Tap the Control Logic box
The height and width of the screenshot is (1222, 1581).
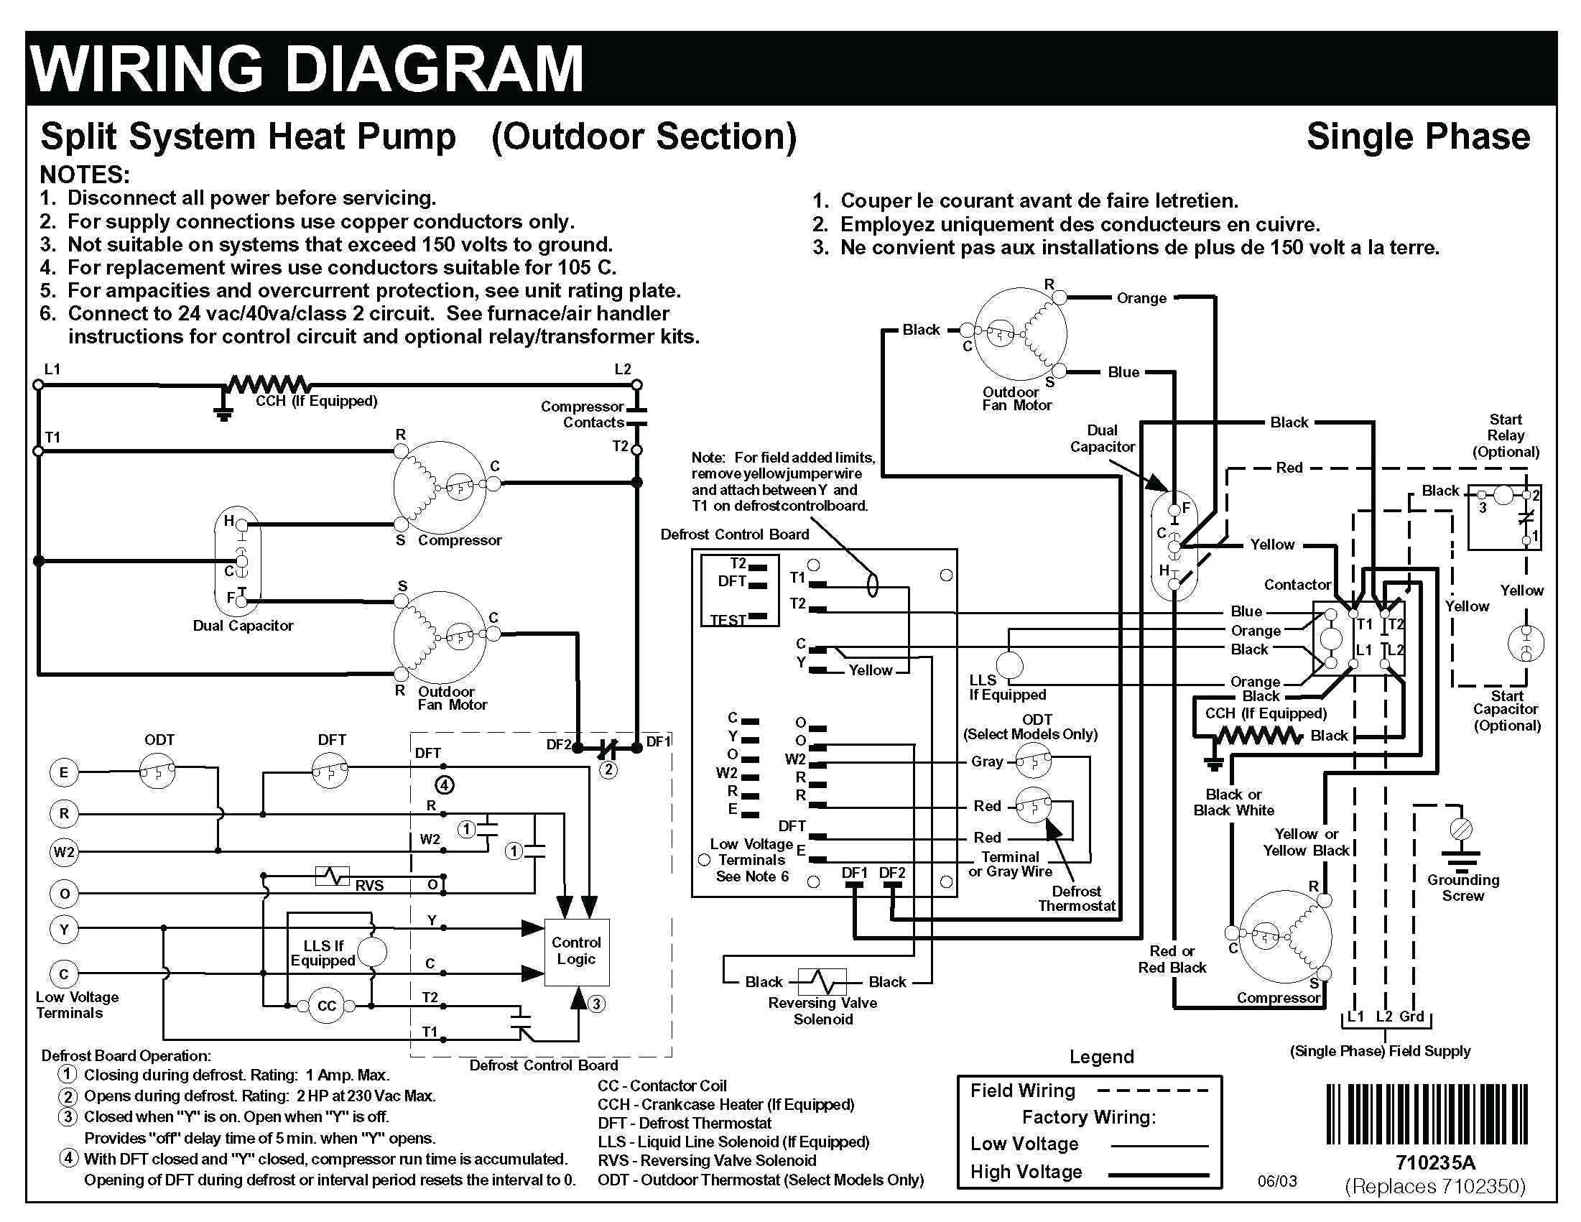pyautogui.click(x=576, y=951)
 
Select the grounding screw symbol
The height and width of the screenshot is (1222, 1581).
pyautogui.click(x=1462, y=828)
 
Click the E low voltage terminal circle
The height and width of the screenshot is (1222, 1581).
pyautogui.click(x=64, y=772)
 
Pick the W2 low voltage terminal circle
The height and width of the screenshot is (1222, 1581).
pyautogui.click(x=64, y=852)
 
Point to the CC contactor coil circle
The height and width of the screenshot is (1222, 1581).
pyautogui.click(x=327, y=1006)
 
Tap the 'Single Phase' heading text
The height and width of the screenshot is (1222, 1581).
pyautogui.click(x=1417, y=136)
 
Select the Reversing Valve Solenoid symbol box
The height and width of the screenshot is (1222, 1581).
pyautogui.click(x=822, y=981)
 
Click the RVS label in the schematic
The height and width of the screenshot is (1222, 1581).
pyautogui.click(x=369, y=885)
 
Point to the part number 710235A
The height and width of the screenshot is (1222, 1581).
pyautogui.click(x=1434, y=1162)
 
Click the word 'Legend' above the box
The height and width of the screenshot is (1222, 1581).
pyautogui.click(x=1101, y=1057)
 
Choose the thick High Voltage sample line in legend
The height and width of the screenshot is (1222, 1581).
pyautogui.click(x=1158, y=1174)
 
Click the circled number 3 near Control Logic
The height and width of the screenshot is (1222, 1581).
pyautogui.click(x=596, y=1004)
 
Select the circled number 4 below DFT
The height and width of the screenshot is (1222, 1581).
pyautogui.click(x=445, y=784)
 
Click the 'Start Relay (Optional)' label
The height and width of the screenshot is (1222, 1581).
pyautogui.click(x=1505, y=436)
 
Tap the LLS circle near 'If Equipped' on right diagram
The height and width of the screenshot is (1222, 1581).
pyautogui.click(x=1010, y=665)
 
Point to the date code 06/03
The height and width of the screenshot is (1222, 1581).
pyautogui.click(x=1277, y=1182)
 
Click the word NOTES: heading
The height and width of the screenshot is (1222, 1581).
pyautogui.click(x=85, y=175)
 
